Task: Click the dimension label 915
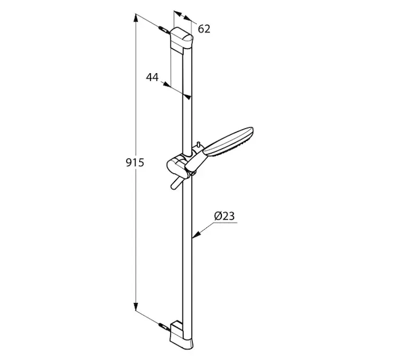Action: pos(135,163)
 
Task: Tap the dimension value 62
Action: pos(204,29)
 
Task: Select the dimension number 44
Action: pos(152,77)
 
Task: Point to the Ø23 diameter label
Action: pos(224,216)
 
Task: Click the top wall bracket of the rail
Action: pos(181,40)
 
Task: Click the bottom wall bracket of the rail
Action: pos(181,335)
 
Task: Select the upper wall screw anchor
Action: pos(164,29)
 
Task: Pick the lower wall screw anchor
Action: pos(164,327)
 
